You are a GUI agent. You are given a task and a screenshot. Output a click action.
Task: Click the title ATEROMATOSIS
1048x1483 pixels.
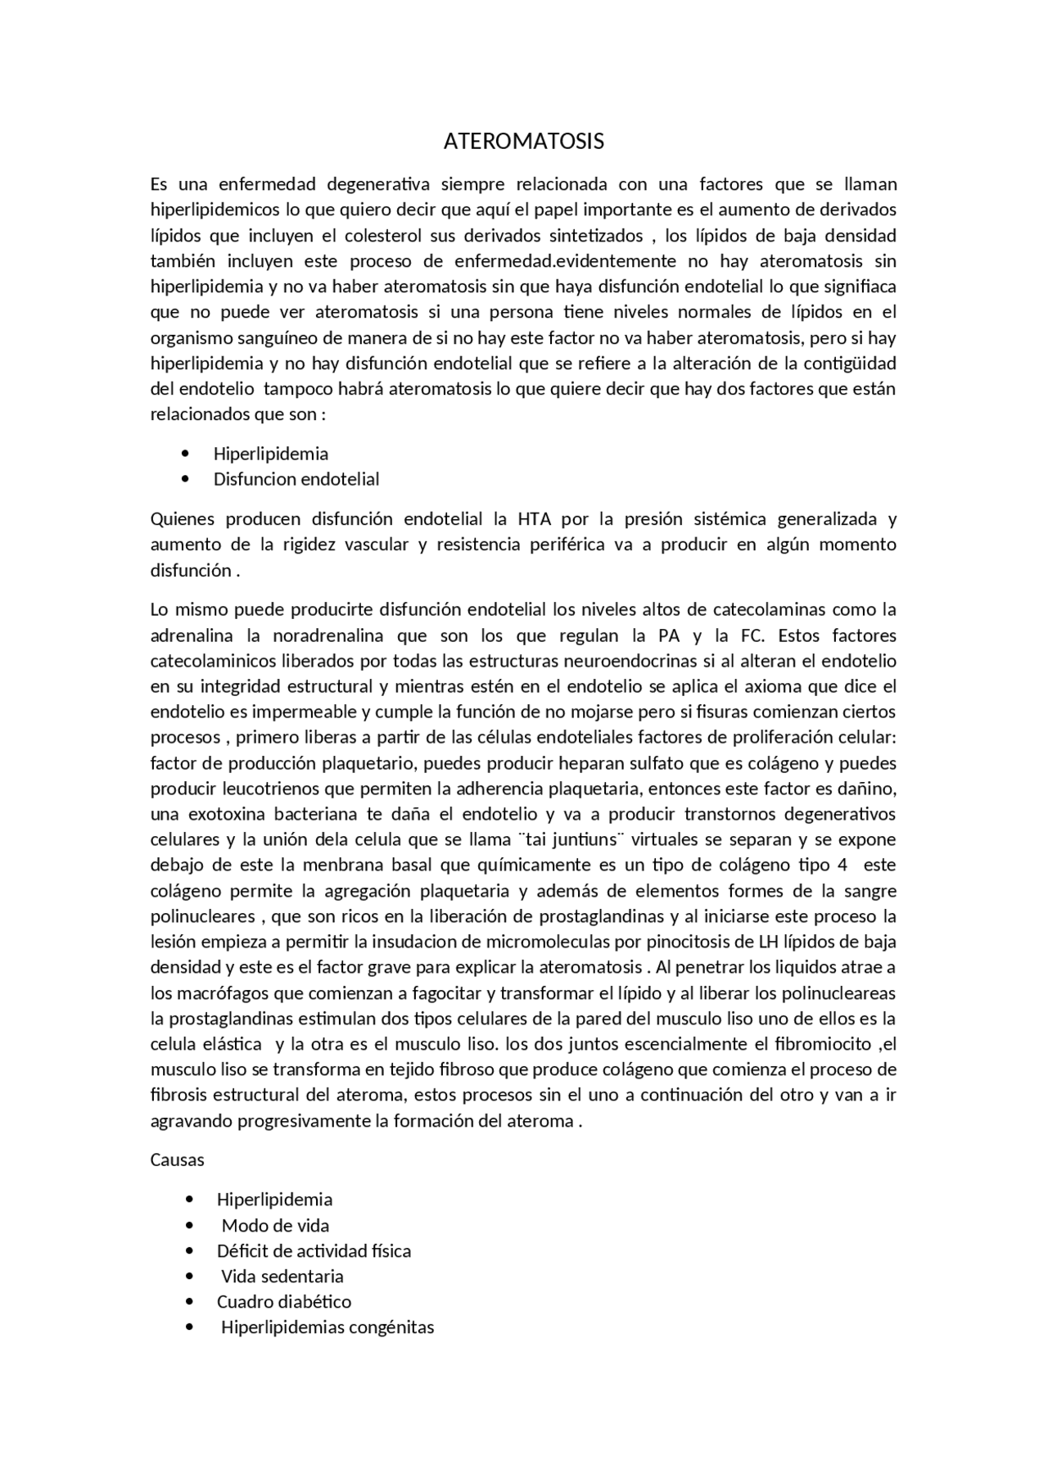tap(523, 142)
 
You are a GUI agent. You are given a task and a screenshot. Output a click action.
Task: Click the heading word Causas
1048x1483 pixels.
tap(177, 1160)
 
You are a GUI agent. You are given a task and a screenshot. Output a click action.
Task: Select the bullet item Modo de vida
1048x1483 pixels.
tap(275, 1225)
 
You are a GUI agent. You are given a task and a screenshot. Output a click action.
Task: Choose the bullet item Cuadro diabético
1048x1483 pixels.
tap(283, 1301)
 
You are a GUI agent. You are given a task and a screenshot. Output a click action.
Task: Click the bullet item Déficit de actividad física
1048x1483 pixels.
tap(314, 1250)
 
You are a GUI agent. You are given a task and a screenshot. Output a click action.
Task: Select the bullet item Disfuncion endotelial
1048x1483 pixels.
tap(296, 479)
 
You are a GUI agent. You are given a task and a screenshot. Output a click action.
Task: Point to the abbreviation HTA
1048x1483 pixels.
tap(534, 519)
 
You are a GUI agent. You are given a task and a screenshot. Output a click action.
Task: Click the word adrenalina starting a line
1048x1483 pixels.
tap(192, 635)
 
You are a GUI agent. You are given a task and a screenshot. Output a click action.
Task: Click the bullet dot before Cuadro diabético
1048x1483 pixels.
tap(190, 1301)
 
